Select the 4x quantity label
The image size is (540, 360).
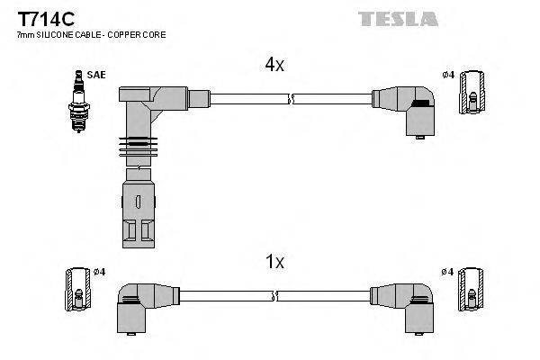click(274, 65)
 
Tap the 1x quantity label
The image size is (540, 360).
click(274, 262)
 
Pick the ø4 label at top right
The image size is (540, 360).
click(447, 74)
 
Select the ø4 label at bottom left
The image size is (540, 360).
click(99, 272)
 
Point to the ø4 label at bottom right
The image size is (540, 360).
click(447, 272)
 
